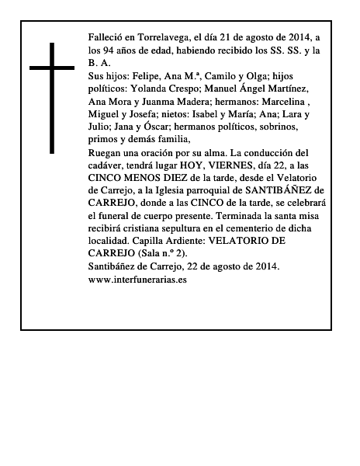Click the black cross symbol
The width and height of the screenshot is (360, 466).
click(53, 98)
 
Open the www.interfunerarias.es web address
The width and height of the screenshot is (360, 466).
click(138, 280)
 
